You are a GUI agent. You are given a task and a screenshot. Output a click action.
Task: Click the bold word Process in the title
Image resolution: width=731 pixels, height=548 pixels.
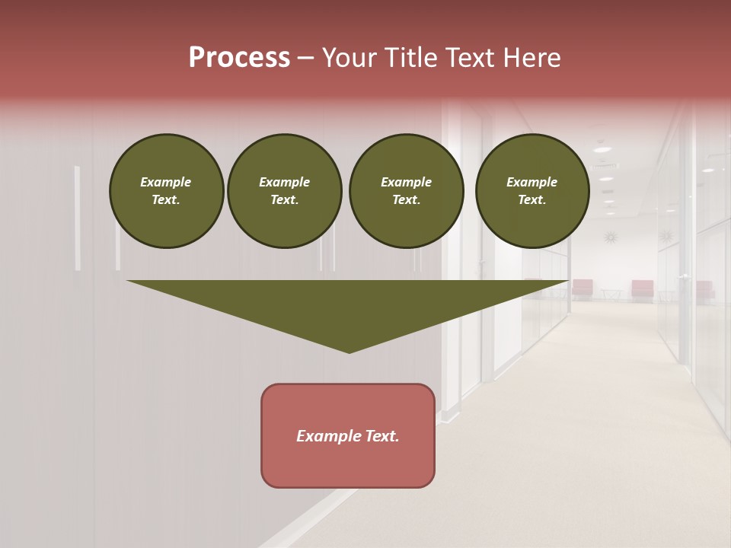[x=239, y=58]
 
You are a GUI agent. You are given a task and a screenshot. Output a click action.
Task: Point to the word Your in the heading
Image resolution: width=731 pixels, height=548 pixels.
[x=349, y=58]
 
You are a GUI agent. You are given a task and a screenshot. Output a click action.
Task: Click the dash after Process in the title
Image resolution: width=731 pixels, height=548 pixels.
[x=306, y=59]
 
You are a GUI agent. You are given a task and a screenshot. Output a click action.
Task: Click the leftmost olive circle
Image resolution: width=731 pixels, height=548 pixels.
[x=166, y=191]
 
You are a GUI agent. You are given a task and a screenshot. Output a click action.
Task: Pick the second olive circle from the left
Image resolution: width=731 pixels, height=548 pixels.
[x=284, y=191]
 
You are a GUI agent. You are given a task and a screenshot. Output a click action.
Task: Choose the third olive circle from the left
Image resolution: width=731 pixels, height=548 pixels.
[x=406, y=191]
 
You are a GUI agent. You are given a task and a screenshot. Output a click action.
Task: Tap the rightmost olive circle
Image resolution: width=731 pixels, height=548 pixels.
[x=531, y=191]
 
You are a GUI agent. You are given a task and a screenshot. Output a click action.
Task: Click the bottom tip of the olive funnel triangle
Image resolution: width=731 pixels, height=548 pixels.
[x=349, y=351]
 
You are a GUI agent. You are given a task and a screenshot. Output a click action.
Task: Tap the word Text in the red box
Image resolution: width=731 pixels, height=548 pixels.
[x=381, y=436]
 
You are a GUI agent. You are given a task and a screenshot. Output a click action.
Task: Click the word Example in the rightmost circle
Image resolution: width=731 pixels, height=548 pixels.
[x=531, y=182]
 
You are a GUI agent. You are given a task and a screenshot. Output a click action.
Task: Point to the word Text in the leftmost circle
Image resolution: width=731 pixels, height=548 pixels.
[x=164, y=200]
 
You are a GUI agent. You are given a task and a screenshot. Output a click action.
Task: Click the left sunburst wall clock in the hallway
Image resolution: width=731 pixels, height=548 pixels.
[x=610, y=237]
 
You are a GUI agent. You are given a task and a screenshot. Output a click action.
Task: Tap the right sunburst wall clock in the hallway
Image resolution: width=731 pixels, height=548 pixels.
[x=667, y=237]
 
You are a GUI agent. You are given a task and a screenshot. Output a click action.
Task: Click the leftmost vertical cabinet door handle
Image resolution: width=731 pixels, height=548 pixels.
[x=77, y=218]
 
